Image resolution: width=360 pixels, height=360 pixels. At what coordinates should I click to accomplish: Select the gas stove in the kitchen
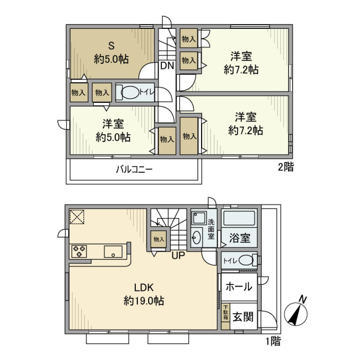tap(79, 251)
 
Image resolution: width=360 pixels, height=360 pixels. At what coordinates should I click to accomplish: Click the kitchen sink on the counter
tap(113, 251)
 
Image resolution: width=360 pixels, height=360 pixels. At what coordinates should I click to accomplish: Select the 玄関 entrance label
tap(243, 317)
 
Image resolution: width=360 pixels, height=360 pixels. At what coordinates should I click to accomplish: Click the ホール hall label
tap(238, 287)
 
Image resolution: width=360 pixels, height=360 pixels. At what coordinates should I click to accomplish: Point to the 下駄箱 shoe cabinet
tap(225, 312)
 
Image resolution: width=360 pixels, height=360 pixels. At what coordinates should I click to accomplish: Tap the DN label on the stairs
tap(167, 66)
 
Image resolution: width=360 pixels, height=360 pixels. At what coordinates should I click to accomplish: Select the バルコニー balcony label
tap(133, 169)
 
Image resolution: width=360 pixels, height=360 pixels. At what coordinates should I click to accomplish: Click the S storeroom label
tap(111, 46)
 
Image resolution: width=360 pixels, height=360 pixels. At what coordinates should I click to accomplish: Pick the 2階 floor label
tap(286, 167)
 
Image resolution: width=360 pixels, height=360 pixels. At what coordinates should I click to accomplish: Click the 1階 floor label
tap(273, 341)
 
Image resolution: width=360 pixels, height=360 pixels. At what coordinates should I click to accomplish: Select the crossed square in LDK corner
tap(77, 217)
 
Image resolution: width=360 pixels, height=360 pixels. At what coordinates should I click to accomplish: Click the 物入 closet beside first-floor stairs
tap(159, 239)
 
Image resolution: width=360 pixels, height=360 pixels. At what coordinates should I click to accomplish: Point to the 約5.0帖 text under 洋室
tap(113, 137)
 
